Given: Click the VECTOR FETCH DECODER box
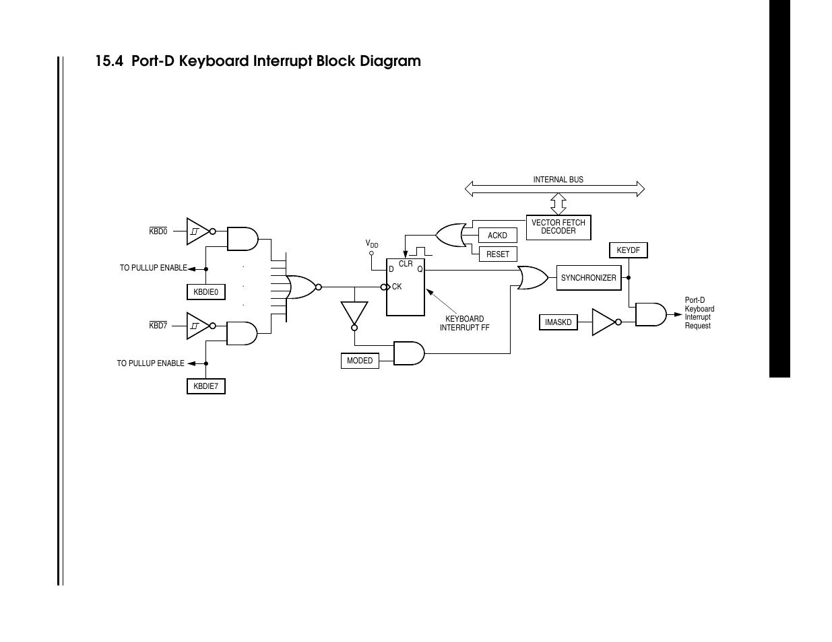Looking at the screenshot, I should pos(558,227).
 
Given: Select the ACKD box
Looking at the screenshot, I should pos(497,236).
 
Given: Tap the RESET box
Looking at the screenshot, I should pos(498,254).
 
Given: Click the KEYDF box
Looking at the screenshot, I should pos(628,250).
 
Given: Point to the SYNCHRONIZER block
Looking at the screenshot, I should pos(588,278).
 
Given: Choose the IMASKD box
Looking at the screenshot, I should pos(558,322).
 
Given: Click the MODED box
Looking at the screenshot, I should pos(360,361).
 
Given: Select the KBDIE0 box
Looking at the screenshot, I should pos(205,292).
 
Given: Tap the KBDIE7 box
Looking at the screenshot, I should pos(205,386).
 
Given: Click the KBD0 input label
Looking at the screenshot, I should pos(158,231).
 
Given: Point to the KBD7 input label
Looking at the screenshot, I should pos(158,326).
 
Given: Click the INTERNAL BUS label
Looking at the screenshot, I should pos(558,180).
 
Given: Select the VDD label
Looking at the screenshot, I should pos(372,244).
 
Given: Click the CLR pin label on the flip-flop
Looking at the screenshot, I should pos(406,264).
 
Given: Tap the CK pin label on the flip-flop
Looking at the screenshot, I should pos(397,287).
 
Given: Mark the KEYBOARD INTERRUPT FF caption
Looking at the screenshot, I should pos(464,324).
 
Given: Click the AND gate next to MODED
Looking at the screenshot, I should pos(408,353).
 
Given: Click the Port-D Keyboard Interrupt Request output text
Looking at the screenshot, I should pos(699,313).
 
